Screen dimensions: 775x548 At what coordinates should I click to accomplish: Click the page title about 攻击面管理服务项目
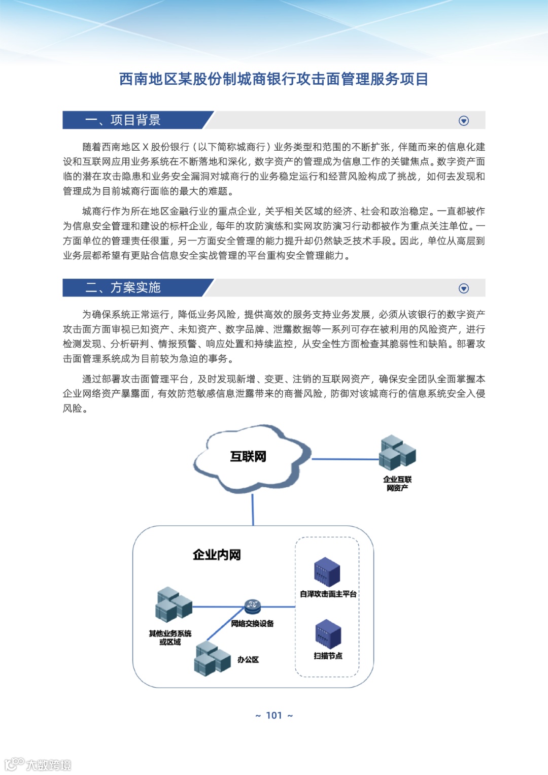[273, 79]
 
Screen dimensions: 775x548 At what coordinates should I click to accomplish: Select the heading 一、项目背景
[123, 120]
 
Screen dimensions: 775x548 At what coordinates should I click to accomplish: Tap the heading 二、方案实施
[123, 288]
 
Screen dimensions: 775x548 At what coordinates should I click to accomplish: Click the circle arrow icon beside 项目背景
[463, 121]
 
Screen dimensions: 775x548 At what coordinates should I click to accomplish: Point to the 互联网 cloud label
[248, 457]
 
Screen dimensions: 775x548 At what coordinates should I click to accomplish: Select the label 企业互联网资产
[397, 484]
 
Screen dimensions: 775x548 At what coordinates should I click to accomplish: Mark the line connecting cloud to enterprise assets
[345, 459]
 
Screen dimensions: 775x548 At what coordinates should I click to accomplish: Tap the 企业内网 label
[217, 555]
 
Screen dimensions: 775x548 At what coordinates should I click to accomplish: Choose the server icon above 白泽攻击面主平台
[327, 572]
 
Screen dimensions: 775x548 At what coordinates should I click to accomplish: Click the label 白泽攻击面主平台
[328, 594]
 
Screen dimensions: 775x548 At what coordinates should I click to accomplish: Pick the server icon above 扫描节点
[328, 634]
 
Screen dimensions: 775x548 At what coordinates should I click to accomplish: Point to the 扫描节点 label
[328, 656]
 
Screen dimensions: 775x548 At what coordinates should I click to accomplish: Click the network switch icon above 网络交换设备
[252, 605]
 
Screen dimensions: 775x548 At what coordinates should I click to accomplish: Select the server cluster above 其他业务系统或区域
[174, 605]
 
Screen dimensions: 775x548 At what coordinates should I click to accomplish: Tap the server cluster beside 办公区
[212, 659]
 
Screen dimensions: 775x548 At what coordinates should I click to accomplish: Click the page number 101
[274, 716]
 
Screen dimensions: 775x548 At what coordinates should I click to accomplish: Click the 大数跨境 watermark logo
[38, 764]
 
